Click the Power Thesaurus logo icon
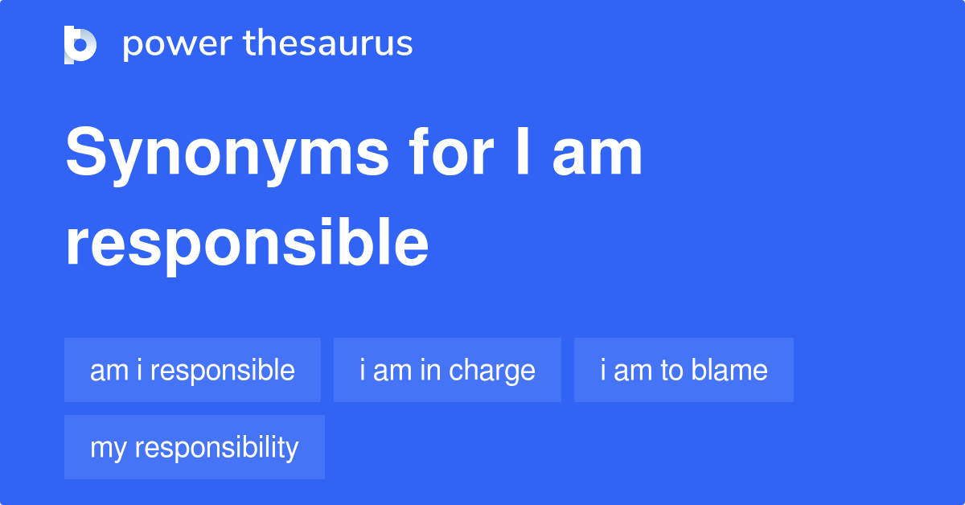[80, 44]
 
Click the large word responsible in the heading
[247, 244]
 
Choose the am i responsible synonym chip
[192, 370]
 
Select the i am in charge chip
[447, 370]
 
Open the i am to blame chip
[684, 370]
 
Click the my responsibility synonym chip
[194, 447]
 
